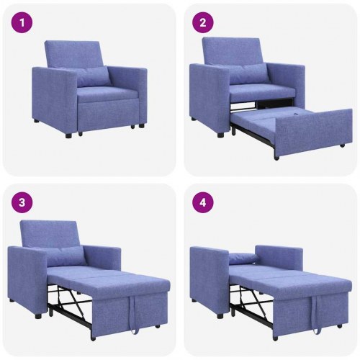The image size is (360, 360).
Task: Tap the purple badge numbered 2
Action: (x=203, y=22)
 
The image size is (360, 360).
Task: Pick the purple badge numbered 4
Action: (x=203, y=202)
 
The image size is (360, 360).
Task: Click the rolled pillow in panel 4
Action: (x=243, y=258)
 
